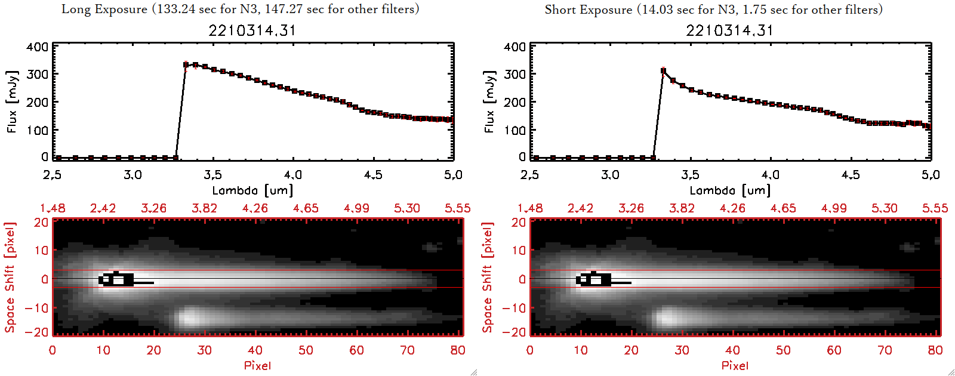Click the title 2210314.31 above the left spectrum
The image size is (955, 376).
point(252,30)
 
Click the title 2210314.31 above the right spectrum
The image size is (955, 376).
point(729,30)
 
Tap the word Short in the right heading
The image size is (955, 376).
point(560,10)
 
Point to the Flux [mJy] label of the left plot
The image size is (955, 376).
point(13,101)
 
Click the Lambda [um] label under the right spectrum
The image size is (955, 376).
point(730,190)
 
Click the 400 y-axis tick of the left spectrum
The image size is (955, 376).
point(37,47)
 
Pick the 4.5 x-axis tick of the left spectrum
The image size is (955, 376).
point(373,175)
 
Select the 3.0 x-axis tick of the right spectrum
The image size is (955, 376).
point(610,175)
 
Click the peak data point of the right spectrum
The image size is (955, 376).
point(663,71)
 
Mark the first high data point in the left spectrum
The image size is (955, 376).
point(186,64)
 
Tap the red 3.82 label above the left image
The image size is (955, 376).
point(204,208)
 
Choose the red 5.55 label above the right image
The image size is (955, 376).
point(935,208)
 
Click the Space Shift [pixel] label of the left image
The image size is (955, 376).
point(10,278)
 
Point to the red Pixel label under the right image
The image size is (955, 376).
point(735,365)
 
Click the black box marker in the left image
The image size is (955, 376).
point(117,279)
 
